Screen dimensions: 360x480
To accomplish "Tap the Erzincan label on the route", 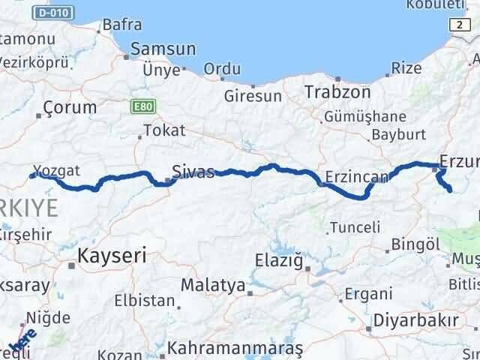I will [x=356, y=178].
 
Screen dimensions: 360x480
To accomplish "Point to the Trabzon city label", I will [x=337, y=93].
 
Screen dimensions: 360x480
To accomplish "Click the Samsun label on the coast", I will [x=163, y=49].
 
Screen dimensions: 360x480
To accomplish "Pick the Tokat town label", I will [x=163, y=130].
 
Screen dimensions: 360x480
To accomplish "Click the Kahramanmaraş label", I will [x=235, y=349].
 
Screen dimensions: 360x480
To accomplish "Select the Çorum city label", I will [x=70, y=107].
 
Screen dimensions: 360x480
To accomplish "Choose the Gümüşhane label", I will [x=365, y=117].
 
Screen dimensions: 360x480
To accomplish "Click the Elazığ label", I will [x=278, y=262].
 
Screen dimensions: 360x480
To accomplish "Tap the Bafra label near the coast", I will [x=121, y=24].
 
